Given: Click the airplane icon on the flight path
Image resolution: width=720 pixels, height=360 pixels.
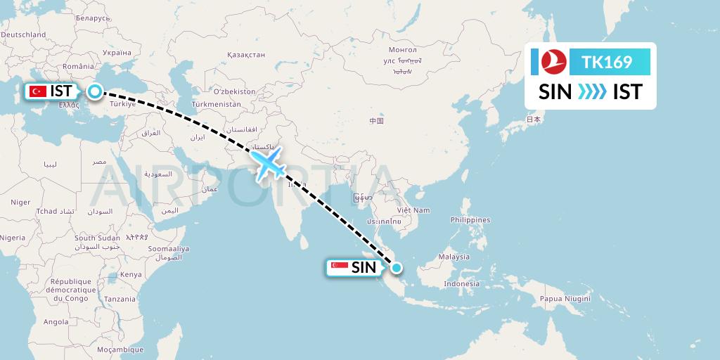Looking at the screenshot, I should tap(268, 165).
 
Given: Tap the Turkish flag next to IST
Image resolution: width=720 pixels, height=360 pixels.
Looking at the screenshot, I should tap(38, 91).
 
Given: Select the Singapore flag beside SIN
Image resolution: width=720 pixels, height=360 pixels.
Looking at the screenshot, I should tap(339, 267).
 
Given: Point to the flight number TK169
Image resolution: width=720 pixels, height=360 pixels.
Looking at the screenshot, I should tap(607, 63).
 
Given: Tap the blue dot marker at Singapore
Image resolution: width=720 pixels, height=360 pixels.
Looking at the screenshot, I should tap(397, 267).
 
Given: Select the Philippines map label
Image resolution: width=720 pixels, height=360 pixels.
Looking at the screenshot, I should tap(470, 220).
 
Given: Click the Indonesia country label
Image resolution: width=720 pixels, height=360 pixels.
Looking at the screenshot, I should tap(461, 284).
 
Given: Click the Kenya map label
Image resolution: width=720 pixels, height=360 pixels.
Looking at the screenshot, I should tap(131, 274).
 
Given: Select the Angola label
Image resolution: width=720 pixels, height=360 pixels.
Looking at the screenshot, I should tap(56, 322).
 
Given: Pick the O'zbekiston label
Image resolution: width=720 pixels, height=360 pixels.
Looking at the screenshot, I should tap(235, 91).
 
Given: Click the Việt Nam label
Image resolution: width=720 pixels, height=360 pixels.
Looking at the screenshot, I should tap(413, 210).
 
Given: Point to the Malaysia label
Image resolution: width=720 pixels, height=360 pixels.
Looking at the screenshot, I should tap(454, 257).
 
